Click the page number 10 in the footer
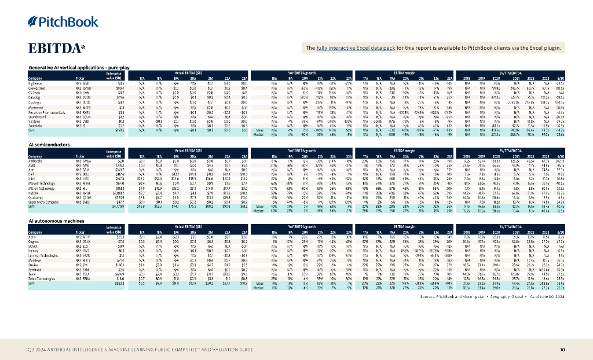[x=562, y=350]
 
